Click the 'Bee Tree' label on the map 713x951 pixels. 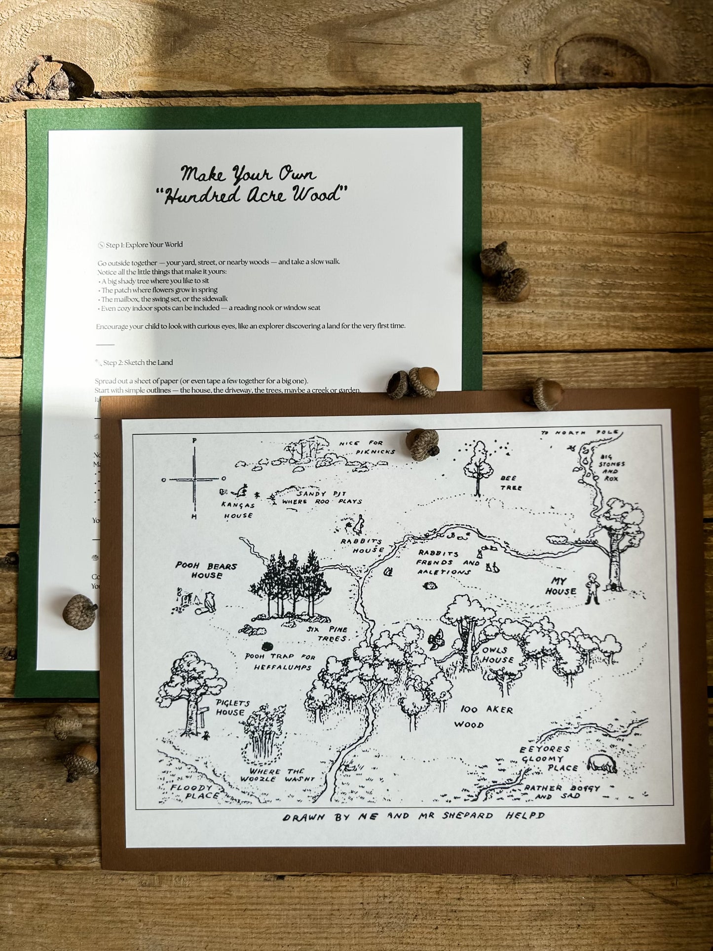511,483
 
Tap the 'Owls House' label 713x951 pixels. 498,655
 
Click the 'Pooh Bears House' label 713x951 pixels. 207,571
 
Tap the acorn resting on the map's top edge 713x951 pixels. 423,443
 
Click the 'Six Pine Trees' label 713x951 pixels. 327,634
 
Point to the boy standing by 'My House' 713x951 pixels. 592,588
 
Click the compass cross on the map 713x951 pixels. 194,479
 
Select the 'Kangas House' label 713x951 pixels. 238,510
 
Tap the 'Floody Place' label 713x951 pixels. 195,792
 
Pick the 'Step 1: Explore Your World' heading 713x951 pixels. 144,245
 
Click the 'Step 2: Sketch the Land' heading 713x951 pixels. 138,363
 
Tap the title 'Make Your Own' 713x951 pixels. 248,174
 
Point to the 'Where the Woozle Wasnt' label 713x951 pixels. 277,775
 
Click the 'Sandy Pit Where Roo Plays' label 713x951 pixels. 321,497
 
